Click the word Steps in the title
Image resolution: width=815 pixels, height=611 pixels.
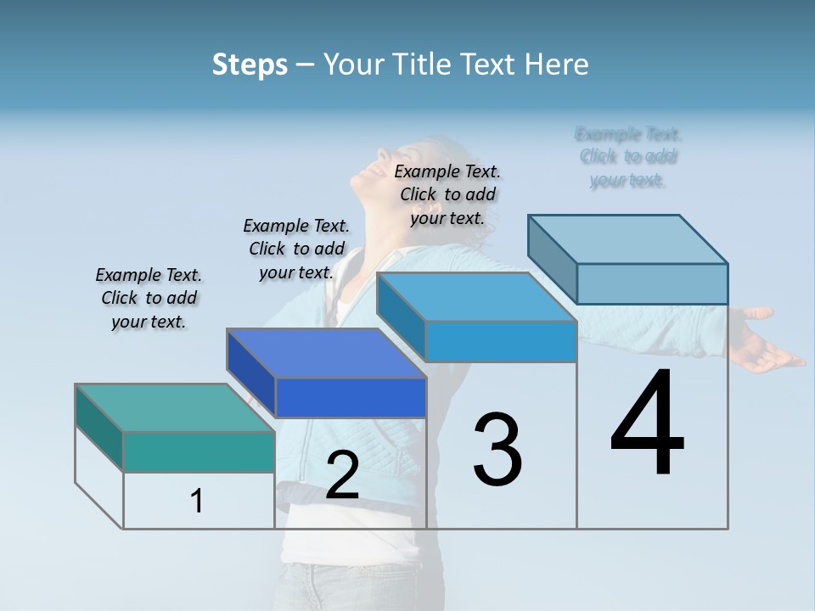coord(250,64)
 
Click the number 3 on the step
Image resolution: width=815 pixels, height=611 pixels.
coord(497,450)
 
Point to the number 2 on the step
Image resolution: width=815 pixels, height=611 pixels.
coord(342,475)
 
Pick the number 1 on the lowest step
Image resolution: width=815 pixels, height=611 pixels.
coord(197,502)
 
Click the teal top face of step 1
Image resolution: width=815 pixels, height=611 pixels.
coord(174,408)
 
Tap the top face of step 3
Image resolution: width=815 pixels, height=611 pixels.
coord(476,297)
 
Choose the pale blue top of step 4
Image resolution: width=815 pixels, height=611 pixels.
coord(627,239)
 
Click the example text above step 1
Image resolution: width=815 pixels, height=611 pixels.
coord(149,298)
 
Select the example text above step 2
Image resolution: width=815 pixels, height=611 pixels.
coord(296,249)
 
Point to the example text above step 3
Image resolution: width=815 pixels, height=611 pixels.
coord(447,194)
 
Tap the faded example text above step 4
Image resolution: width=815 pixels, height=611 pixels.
coord(628,157)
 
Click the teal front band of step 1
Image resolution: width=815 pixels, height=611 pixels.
coord(199,451)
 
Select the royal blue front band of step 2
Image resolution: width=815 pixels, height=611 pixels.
coord(351,397)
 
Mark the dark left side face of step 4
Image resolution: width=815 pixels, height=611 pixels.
coord(552,259)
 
